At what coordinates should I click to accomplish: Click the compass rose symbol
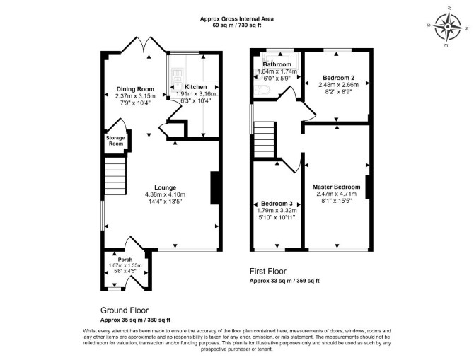[447, 27]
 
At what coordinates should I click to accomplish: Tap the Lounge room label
[165, 187]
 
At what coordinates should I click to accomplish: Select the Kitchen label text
[195, 87]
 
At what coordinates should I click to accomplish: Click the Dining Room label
[135, 89]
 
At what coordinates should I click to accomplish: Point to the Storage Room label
[115, 141]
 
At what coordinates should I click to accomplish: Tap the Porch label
[125, 260]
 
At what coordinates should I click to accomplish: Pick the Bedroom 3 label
[277, 204]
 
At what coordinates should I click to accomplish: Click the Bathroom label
[277, 64]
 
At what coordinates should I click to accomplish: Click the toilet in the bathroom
[262, 90]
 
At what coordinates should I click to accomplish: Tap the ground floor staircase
[115, 175]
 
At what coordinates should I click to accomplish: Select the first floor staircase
[265, 139]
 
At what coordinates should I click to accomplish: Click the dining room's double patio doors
[144, 45]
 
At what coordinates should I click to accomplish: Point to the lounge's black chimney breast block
[214, 188]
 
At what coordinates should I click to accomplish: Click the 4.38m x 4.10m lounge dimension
[165, 194]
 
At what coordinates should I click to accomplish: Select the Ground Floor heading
[125, 310]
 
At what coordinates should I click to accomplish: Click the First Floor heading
[268, 271]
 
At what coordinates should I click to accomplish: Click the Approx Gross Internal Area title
[237, 18]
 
